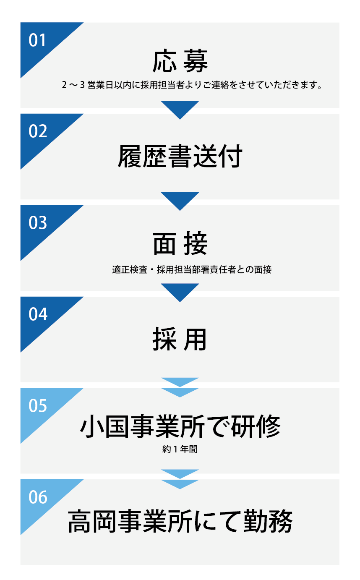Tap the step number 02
[38, 131]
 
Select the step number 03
[38, 223]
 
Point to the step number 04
[38, 314]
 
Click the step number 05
[38, 406]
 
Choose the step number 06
[38, 497]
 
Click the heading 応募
[180, 62]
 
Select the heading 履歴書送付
[180, 156]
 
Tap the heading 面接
[180, 245]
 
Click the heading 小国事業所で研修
[180, 427]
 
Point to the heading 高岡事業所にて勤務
[180, 521]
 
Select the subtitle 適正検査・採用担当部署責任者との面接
[192, 269]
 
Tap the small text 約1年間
[180, 449]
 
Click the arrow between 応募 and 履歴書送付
[180, 108]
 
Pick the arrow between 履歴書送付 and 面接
[180, 200]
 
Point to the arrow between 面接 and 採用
[180, 291]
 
